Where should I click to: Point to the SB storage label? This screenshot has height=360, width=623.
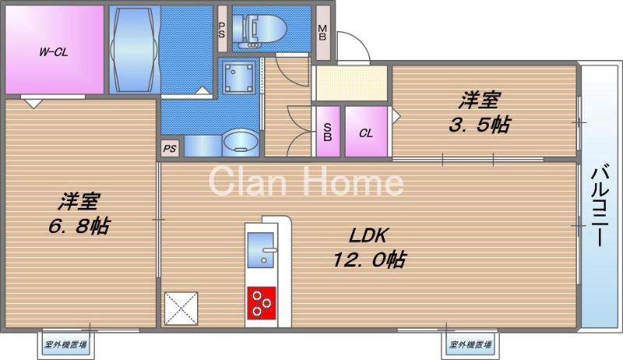[x=327, y=132]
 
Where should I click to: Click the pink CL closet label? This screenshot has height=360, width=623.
[x=365, y=132]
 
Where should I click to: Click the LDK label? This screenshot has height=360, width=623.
[x=358, y=236]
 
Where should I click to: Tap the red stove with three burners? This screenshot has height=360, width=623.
[x=263, y=302]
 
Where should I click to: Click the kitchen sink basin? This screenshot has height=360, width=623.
[x=260, y=241]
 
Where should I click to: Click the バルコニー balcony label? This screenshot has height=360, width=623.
[x=599, y=204]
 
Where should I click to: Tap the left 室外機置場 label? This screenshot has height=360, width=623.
[x=65, y=344]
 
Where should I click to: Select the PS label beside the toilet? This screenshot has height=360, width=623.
[x=223, y=32]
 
